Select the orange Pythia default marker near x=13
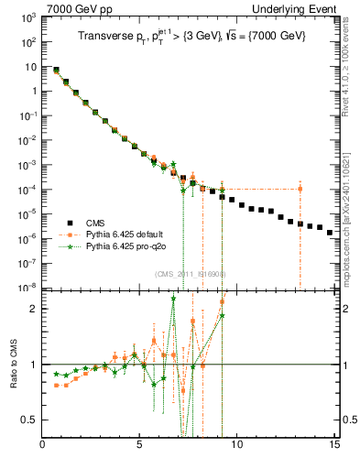click(300, 190)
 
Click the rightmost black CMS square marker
click(329, 233)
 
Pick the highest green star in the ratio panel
click(173, 299)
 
